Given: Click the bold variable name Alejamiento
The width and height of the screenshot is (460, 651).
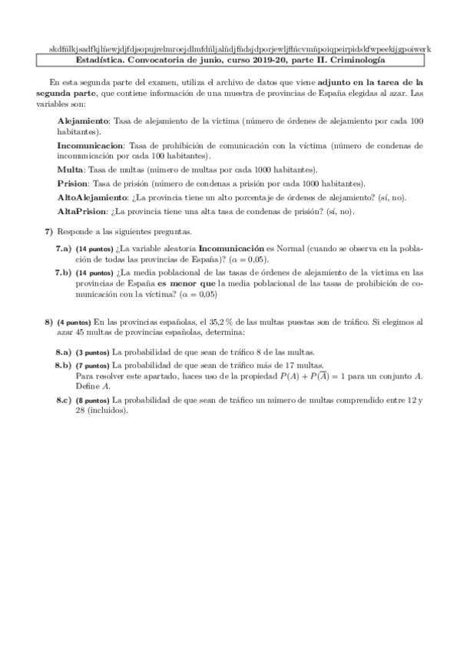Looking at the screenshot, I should [x=84, y=121].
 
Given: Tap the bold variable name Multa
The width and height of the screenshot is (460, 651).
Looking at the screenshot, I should [x=71, y=169].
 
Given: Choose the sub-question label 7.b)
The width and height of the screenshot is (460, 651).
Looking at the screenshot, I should [x=63, y=272].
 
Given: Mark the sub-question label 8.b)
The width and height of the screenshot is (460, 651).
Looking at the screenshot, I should [x=63, y=365].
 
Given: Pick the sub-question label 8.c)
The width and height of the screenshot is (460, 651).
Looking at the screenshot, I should [x=63, y=400].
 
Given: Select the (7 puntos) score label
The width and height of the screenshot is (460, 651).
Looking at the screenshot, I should [x=92, y=365].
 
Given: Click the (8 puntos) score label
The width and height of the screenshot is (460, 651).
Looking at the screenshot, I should [x=92, y=400].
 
